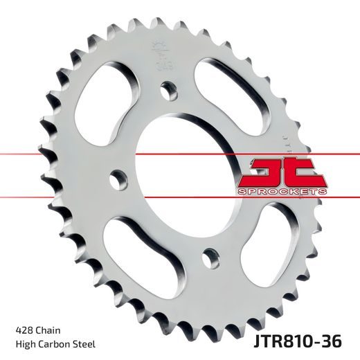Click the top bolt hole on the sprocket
click(x=166, y=89)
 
